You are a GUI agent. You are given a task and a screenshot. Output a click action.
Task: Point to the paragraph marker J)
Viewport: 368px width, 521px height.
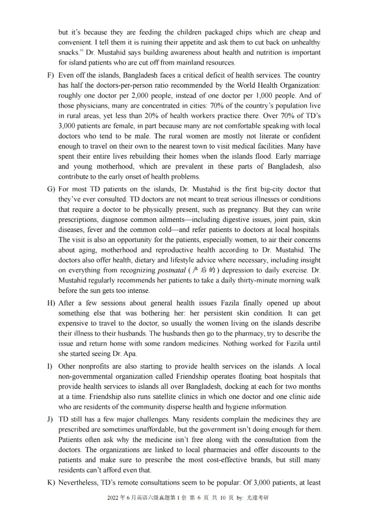tap(50, 420)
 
